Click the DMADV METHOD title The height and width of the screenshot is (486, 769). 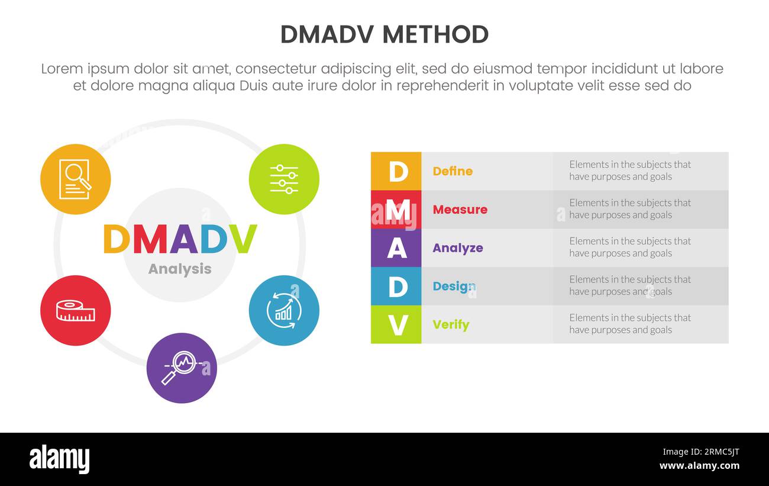point(384,35)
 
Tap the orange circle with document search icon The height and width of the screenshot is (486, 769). point(75,179)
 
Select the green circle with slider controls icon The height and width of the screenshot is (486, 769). point(284,179)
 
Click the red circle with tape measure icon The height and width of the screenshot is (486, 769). point(75,310)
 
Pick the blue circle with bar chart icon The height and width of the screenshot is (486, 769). point(284,310)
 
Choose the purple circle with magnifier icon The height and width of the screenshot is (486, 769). point(182,368)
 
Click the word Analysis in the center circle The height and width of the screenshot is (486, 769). point(179,269)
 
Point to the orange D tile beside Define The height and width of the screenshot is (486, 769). point(396,171)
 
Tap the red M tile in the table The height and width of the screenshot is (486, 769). point(396,210)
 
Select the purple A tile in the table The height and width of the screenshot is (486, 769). point(396,248)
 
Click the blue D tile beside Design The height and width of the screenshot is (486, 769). point(396,287)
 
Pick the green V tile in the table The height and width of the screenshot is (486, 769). point(396,325)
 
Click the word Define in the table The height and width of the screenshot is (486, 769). point(453,171)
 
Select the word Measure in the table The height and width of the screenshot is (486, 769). point(460,210)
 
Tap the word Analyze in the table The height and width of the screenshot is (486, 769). point(457,248)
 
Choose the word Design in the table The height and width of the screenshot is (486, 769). point(454,287)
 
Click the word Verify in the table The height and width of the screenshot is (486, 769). point(451,325)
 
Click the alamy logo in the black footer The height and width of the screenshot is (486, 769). point(59,459)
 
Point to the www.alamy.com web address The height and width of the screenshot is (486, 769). point(699,466)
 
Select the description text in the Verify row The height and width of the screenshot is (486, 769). point(629,324)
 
